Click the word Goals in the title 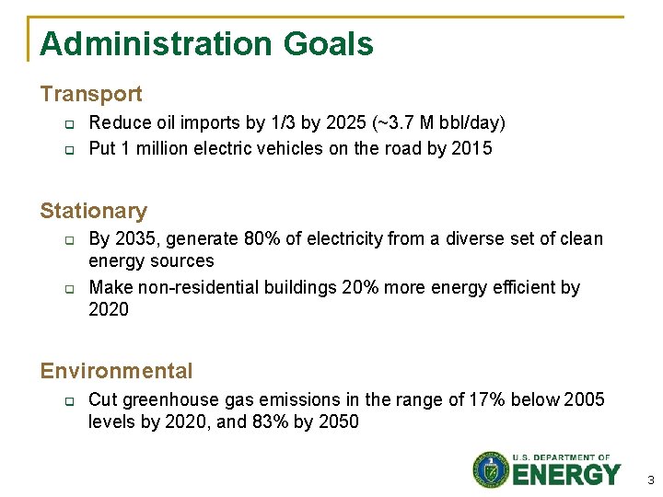click(x=329, y=44)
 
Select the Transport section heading click(x=91, y=94)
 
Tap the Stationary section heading click(x=93, y=211)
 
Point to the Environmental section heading click(x=116, y=371)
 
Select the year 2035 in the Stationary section click(x=134, y=239)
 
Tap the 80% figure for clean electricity click(x=262, y=239)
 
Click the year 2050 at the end click(x=338, y=422)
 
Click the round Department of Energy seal click(x=491, y=469)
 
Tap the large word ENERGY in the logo click(x=566, y=475)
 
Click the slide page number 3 click(x=650, y=480)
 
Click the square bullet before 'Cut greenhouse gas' click(x=68, y=401)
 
